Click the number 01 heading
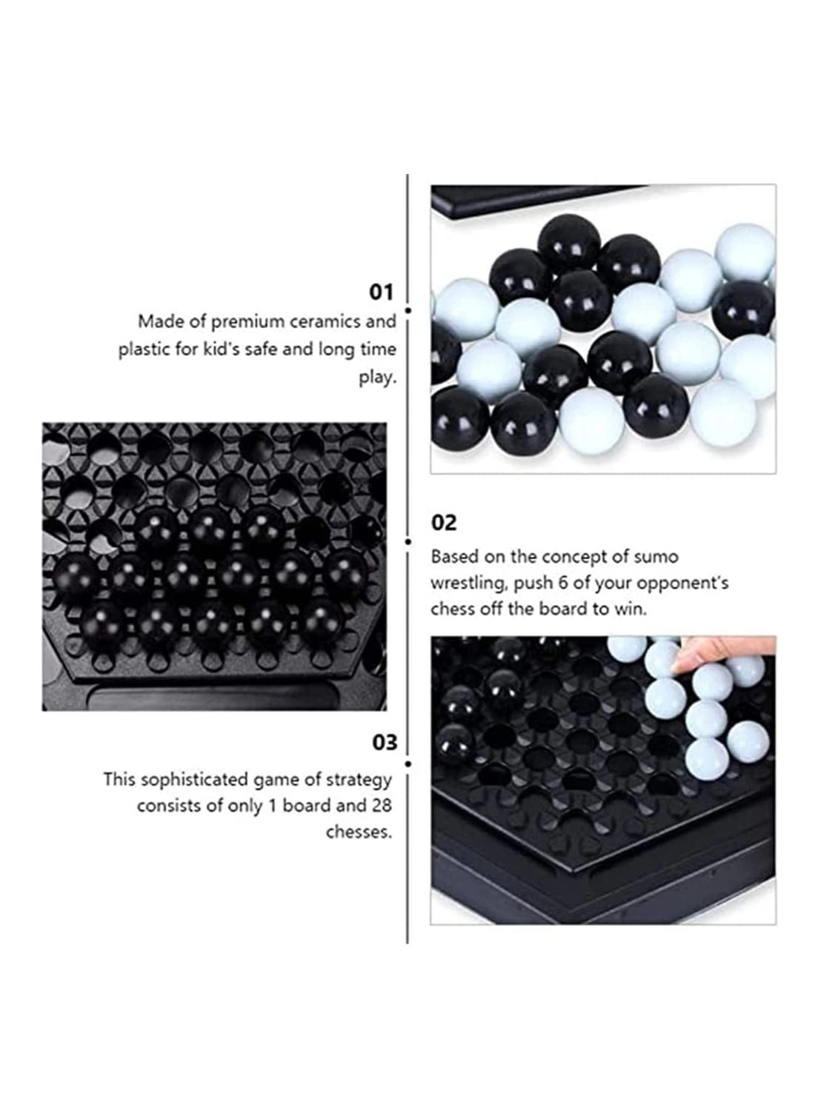[381, 293]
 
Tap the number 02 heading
[444, 523]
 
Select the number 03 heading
[385, 743]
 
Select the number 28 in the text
[382, 806]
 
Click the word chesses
[359, 832]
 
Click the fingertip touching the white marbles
[679, 664]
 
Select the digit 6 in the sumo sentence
[563, 583]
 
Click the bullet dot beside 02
[408, 541]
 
